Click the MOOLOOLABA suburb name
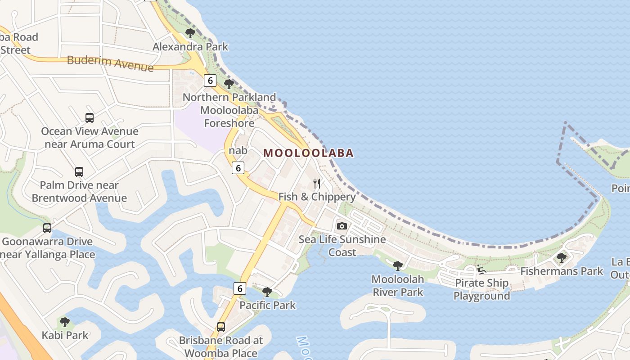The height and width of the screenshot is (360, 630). click(x=308, y=153)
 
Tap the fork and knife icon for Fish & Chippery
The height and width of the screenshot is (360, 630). click(x=317, y=183)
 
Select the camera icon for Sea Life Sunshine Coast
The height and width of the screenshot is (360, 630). click(x=342, y=226)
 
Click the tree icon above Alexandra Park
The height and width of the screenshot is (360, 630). click(x=190, y=33)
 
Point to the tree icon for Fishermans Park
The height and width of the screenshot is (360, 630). click(x=561, y=257)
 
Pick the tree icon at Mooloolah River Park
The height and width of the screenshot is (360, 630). click(x=397, y=265)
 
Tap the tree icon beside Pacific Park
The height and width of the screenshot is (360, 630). click(x=267, y=292)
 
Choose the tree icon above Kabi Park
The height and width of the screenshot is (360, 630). click(x=65, y=322)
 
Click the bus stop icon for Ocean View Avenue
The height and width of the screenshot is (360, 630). click(x=90, y=118)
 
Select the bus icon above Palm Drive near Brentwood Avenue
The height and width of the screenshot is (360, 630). click(x=79, y=172)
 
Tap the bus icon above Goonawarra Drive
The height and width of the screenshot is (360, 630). click(x=47, y=228)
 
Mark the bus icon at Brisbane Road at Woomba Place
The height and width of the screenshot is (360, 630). click(x=220, y=327)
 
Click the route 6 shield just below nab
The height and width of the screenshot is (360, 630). click(x=238, y=168)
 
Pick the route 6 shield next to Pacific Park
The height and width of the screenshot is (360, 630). click(x=240, y=288)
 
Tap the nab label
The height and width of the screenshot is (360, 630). click(x=238, y=150)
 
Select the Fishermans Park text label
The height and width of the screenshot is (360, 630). click(x=561, y=271)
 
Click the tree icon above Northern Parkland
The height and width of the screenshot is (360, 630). click(x=229, y=84)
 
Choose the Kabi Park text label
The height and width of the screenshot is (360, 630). click(x=65, y=335)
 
